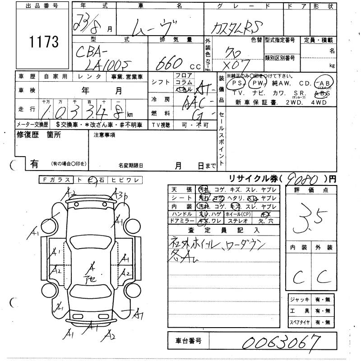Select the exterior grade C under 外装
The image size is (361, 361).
pos(323,275)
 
